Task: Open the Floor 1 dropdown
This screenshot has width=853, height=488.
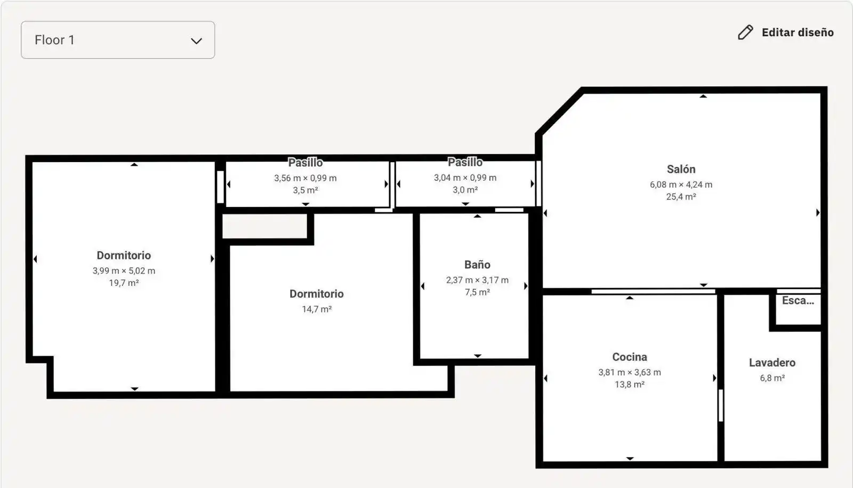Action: (x=118, y=40)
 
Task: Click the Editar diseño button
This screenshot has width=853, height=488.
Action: (x=786, y=33)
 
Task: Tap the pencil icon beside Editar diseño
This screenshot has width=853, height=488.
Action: (x=745, y=33)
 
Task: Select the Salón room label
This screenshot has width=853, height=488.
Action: (x=681, y=169)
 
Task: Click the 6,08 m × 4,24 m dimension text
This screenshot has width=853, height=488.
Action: (x=681, y=185)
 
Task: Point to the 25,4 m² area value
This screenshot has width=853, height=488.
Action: (x=681, y=197)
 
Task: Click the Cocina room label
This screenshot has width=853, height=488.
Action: (x=630, y=357)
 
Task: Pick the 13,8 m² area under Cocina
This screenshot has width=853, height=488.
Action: (x=630, y=385)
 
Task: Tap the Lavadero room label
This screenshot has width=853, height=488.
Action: (x=772, y=363)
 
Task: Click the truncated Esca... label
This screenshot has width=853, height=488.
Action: (x=798, y=301)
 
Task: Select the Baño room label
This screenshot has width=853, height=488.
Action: (x=477, y=265)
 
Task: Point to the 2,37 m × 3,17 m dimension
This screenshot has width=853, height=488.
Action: (x=477, y=281)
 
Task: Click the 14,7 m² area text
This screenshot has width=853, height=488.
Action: (x=317, y=309)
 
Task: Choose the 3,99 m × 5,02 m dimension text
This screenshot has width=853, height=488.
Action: (x=124, y=271)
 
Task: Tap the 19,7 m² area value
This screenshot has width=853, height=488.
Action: (x=124, y=283)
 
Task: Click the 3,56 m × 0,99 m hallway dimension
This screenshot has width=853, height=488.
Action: (x=305, y=178)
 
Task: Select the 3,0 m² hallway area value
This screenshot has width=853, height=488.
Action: (x=465, y=190)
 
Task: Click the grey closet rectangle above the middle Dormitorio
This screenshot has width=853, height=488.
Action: (x=264, y=226)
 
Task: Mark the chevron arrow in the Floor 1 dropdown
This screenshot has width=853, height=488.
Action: (x=196, y=41)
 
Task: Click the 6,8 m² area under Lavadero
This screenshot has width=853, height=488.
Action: (x=772, y=378)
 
